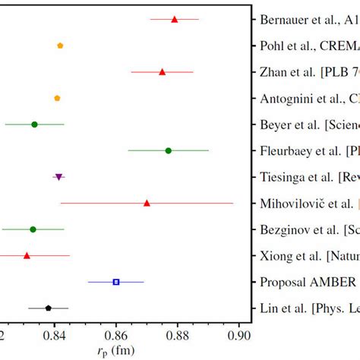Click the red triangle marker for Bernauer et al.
pos(174,19)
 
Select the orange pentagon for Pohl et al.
pos(60,46)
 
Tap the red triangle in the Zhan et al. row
pos(162,72)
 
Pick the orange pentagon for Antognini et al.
pos(57,98)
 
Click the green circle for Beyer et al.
pos(34,124)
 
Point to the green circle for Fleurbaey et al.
pos(168,150)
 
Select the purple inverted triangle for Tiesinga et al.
pos(58,177)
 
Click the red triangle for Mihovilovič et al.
pos(147,203)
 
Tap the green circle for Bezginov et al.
pos(33,229)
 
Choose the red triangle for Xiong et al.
pos(27,255)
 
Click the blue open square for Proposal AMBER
pos(116,282)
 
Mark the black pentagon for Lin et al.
pos(49,308)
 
